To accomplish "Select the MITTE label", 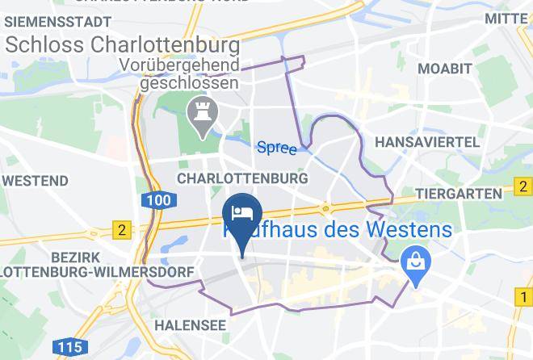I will click(509, 18).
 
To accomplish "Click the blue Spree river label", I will click(277, 148).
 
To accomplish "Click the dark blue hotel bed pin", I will click(241, 214).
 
